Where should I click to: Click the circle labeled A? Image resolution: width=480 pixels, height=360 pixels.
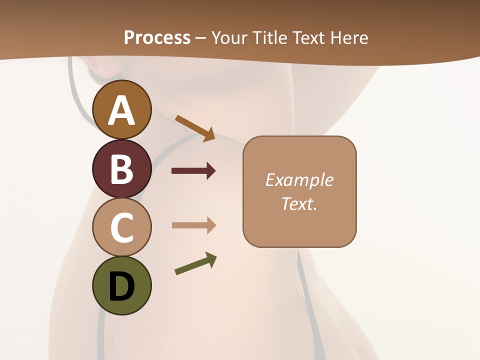(121, 109)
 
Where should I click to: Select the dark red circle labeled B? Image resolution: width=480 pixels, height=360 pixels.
(121, 168)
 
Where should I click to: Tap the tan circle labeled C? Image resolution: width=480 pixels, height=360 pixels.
(121, 227)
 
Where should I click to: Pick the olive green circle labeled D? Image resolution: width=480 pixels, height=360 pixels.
(121, 285)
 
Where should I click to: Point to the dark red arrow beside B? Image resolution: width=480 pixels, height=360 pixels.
(193, 171)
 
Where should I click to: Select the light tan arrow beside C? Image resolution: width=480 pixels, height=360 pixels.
(193, 225)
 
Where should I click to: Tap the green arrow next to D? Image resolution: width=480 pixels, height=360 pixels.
(195, 263)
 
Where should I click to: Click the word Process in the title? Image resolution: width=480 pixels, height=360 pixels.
(157, 37)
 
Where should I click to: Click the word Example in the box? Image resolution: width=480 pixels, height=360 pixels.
(299, 180)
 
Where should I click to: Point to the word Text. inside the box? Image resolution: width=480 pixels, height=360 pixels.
(299, 203)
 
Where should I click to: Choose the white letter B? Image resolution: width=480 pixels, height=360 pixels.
(121, 169)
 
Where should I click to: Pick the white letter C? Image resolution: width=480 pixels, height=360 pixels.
(121, 227)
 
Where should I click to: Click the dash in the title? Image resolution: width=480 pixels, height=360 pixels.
(200, 38)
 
